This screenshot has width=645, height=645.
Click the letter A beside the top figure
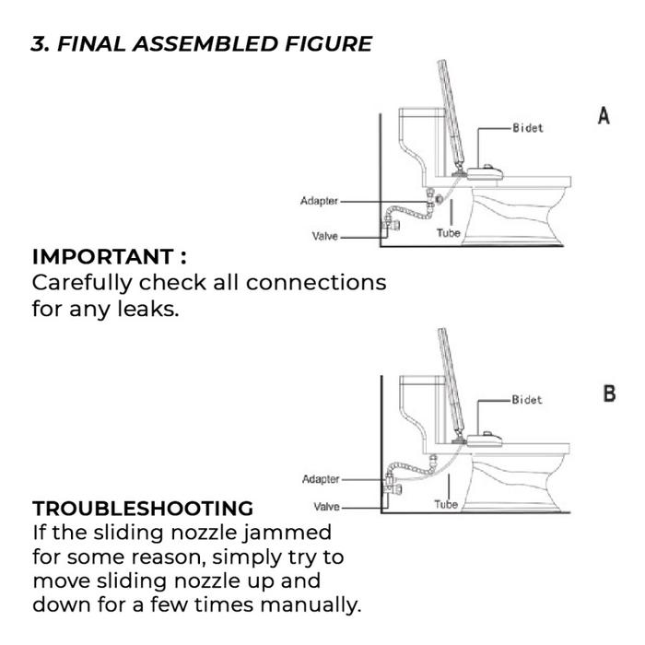(x=604, y=116)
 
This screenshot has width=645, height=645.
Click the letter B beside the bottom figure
(x=609, y=393)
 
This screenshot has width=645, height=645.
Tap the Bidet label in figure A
(x=527, y=127)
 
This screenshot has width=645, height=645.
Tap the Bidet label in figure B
(x=527, y=400)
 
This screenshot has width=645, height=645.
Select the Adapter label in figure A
(x=319, y=201)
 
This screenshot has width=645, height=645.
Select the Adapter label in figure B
(x=321, y=479)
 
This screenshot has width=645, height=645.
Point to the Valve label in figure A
(x=325, y=237)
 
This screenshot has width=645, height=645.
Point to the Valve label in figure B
(x=327, y=507)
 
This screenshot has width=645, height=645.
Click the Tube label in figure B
(x=446, y=505)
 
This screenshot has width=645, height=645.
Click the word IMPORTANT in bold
(x=102, y=256)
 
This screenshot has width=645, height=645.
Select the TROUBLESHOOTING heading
(x=142, y=509)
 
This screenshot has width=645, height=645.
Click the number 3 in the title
(x=39, y=44)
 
